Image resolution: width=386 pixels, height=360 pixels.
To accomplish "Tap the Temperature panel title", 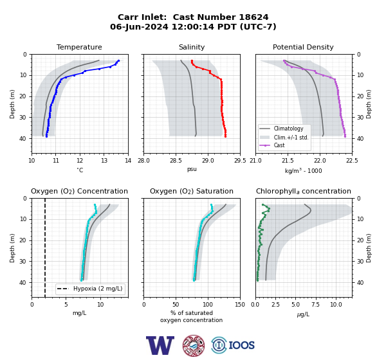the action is click(79, 47).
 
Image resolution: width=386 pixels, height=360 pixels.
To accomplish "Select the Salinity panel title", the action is click(192, 47).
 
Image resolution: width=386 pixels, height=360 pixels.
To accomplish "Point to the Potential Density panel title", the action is click(303, 47).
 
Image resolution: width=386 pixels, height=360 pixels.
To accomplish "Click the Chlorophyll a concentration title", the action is click(304, 191).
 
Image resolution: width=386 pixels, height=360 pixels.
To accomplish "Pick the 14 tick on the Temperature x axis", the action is click(128, 161).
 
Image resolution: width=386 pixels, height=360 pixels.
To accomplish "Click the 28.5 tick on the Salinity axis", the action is click(176, 161).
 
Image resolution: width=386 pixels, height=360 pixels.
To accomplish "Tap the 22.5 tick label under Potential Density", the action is click(352, 161).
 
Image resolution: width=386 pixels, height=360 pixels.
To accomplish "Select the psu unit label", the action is click(192, 169).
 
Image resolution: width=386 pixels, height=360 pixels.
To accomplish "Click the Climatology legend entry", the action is click(288, 129).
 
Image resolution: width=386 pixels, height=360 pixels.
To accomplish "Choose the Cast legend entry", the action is click(279, 145).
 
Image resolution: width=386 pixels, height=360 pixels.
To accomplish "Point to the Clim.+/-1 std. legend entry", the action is click(291, 137).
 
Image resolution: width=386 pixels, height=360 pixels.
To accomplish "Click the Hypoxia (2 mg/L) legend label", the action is click(98, 289).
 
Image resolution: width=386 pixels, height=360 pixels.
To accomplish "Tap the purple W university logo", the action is click(160, 345).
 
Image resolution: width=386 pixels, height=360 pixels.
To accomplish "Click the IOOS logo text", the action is click(241, 345).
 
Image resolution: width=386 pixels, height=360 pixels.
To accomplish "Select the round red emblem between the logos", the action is click(194, 345).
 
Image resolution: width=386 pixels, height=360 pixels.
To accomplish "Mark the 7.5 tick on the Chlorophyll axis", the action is click(316, 305).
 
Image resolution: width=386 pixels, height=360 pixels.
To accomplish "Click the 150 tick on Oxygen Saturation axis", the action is click(240, 305).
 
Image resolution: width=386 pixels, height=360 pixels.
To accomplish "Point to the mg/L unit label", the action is click(79, 313).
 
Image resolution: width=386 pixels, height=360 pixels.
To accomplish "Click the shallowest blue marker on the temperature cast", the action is click(118, 60).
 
